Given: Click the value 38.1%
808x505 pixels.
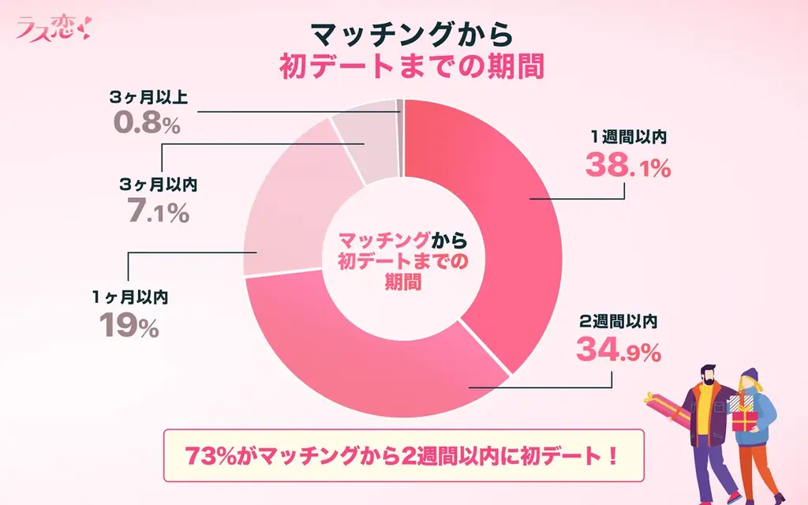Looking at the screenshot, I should point(628,167).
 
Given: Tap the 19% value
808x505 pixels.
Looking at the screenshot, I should point(130,325).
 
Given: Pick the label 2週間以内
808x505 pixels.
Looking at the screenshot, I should point(619,321).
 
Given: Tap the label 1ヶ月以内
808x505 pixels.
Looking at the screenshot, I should point(130,297).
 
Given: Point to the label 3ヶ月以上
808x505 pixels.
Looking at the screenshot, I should point(153,99).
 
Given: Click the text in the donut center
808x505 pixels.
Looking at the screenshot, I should point(402,261).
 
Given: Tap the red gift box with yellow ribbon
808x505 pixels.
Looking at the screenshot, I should point(743,421).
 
